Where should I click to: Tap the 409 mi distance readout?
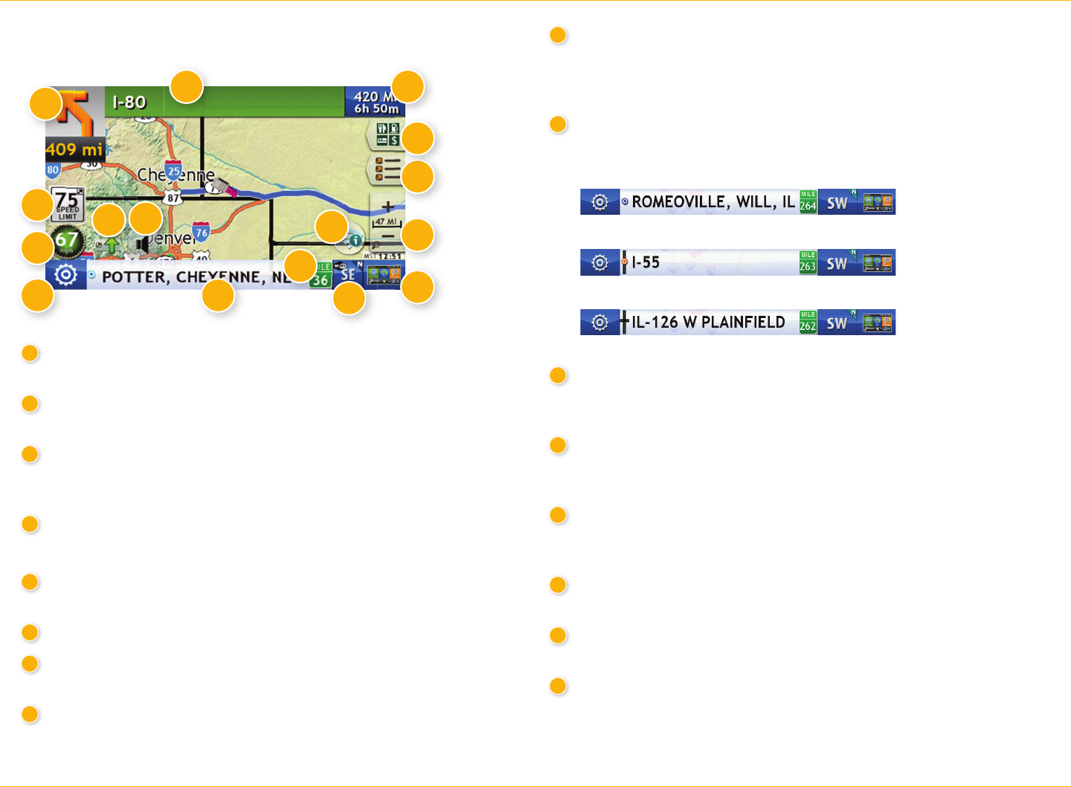(74, 149)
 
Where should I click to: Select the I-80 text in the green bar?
(129, 103)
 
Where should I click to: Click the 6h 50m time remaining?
(376, 109)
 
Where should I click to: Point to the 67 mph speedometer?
(67, 240)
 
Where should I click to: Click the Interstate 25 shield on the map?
(174, 171)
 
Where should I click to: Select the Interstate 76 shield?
(201, 232)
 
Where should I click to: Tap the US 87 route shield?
(173, 198)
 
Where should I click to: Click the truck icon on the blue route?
(224, 189)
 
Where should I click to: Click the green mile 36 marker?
(321, 275)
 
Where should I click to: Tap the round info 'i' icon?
(356, 240)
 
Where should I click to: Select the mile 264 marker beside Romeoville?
(808, 201)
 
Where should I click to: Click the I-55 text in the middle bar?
(646, 262)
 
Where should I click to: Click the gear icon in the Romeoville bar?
(599, 202)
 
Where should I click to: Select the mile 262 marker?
(808, 323)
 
